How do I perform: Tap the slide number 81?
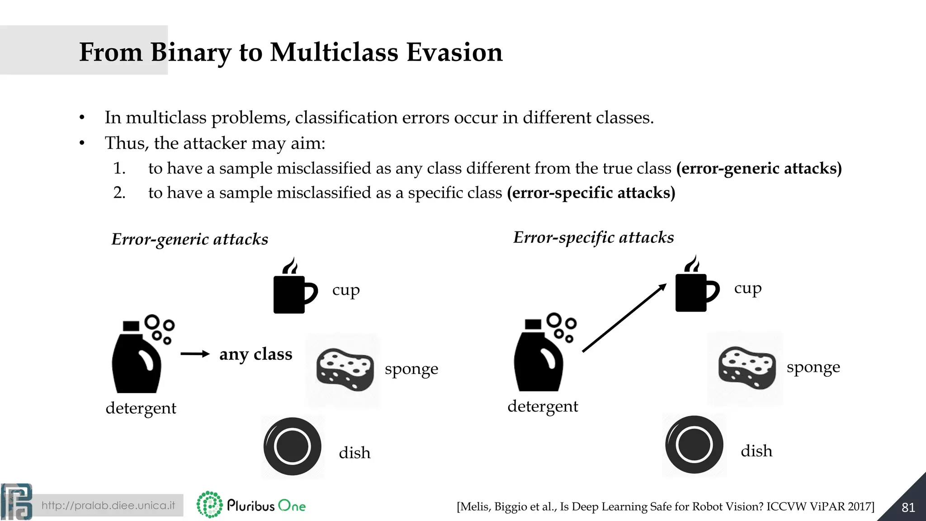pyautogui.click(x=908, y=507)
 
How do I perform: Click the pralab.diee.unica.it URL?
pyautogui.click(x=108, y=505)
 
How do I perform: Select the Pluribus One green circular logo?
pyautogui.click(x=209, y=505)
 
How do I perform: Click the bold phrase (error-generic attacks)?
pyautogui.click(x=759, y=168)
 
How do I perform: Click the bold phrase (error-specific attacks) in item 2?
pyautogui.click(x=591, y=193)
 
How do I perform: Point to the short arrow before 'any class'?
pyautogui.click(x=195, y=354)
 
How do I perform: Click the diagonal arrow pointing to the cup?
pyautogui.click(x=624, y=317)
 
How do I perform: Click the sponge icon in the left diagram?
pyautogui.click(x=345, y=369)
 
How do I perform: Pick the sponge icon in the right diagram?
pyautogui.click(x=746, y=367)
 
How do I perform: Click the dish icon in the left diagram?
pyautogui.click(x=293, y=446)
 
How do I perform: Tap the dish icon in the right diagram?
pyautogui.click(x=694, y=445)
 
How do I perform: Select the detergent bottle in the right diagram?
pyautogui.click(x=540, y=355)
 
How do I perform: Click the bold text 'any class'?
pyautogui.click(x=255, y=354)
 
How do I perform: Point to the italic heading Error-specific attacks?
pyautogui.click(x=593, y=237)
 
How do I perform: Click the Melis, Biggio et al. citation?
pyautogui.click(x=665, y=507)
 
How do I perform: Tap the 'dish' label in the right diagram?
pyautogui.click(x=756, y=451)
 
